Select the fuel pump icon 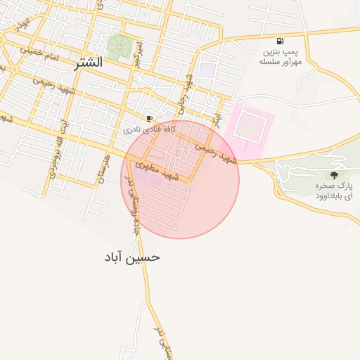(x=281, y=41)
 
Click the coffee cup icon (x=149, y=118)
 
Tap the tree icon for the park (x=333, y=175)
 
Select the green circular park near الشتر (x=118, y=47)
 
